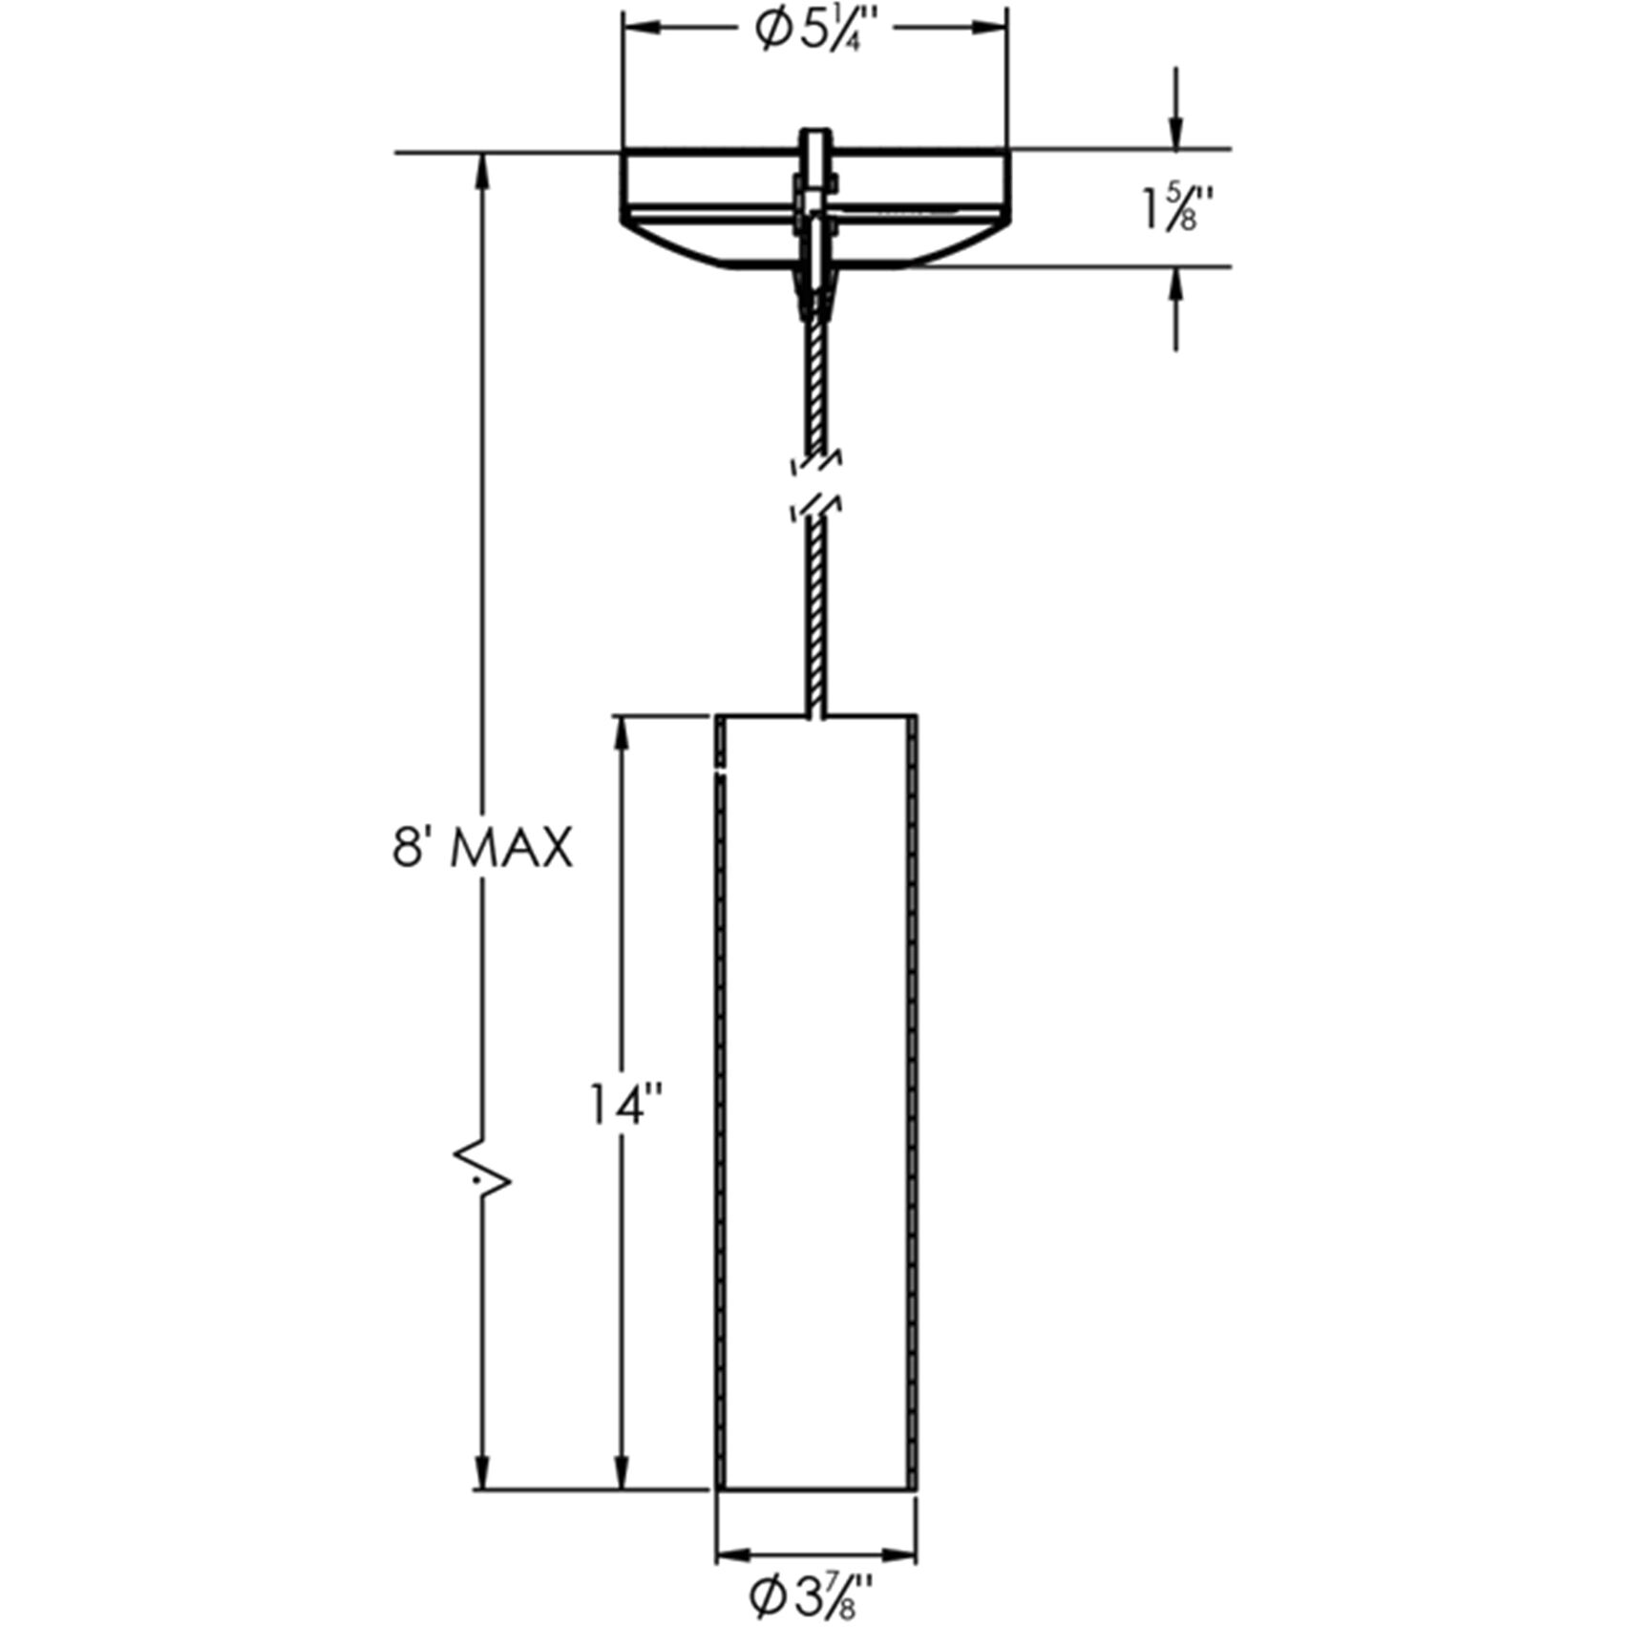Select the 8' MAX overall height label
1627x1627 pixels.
tap(482, 848)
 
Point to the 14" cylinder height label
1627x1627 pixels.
tap(625, 1105)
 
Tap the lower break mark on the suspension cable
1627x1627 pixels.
tap(817, 506)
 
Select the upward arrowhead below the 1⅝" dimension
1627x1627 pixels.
tap(1176, 285)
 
